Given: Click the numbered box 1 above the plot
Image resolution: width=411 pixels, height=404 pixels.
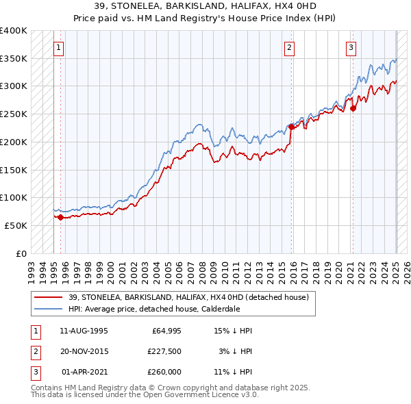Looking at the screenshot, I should pyautogui.click(x=58, y=48).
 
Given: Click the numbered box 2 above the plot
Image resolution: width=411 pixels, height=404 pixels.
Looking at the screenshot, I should pyautogui.click(x=290, y=48).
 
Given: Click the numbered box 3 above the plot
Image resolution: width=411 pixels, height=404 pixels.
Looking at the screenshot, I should pyautogui.click(x=351, y=48).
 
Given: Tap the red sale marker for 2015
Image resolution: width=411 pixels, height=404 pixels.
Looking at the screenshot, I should pyautogui.click(x=291, y=127).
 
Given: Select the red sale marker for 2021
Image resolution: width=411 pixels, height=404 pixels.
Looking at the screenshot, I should pyautogui.click(x=353, y=108).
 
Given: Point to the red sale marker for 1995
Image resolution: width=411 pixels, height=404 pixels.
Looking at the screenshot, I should pyautogui.click(x=60, y=217).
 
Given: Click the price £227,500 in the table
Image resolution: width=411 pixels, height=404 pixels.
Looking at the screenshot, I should pyautogui.click(x=165, y=351).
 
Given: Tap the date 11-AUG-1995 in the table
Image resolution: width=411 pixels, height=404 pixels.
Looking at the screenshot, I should pyautogui.click(x=84, y=331).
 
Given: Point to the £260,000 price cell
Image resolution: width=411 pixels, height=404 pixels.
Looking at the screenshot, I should pyautogui.click(x=165, y=372).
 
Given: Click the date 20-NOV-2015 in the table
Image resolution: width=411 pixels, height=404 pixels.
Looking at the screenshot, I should pyautogui.click(x=84, y=351).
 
